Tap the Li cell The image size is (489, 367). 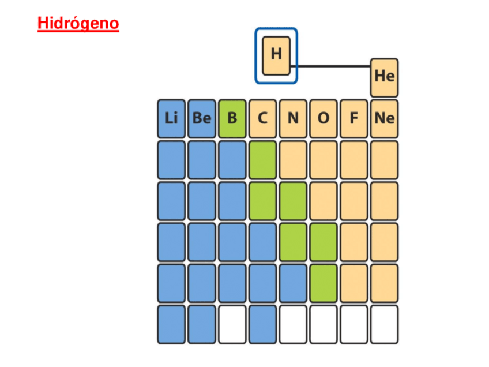point(171,118)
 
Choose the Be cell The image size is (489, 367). point(202,118)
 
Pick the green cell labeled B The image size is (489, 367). point(232,118)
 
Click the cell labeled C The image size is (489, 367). point(263,118)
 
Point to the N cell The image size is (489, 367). point(293,118)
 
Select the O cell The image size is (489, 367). point(324,118)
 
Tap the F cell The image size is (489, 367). point(353,118)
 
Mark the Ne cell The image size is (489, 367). point(384,118)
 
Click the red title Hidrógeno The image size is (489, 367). point(78,24)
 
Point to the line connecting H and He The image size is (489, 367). point(334,66)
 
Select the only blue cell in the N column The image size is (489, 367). point(293,283)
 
